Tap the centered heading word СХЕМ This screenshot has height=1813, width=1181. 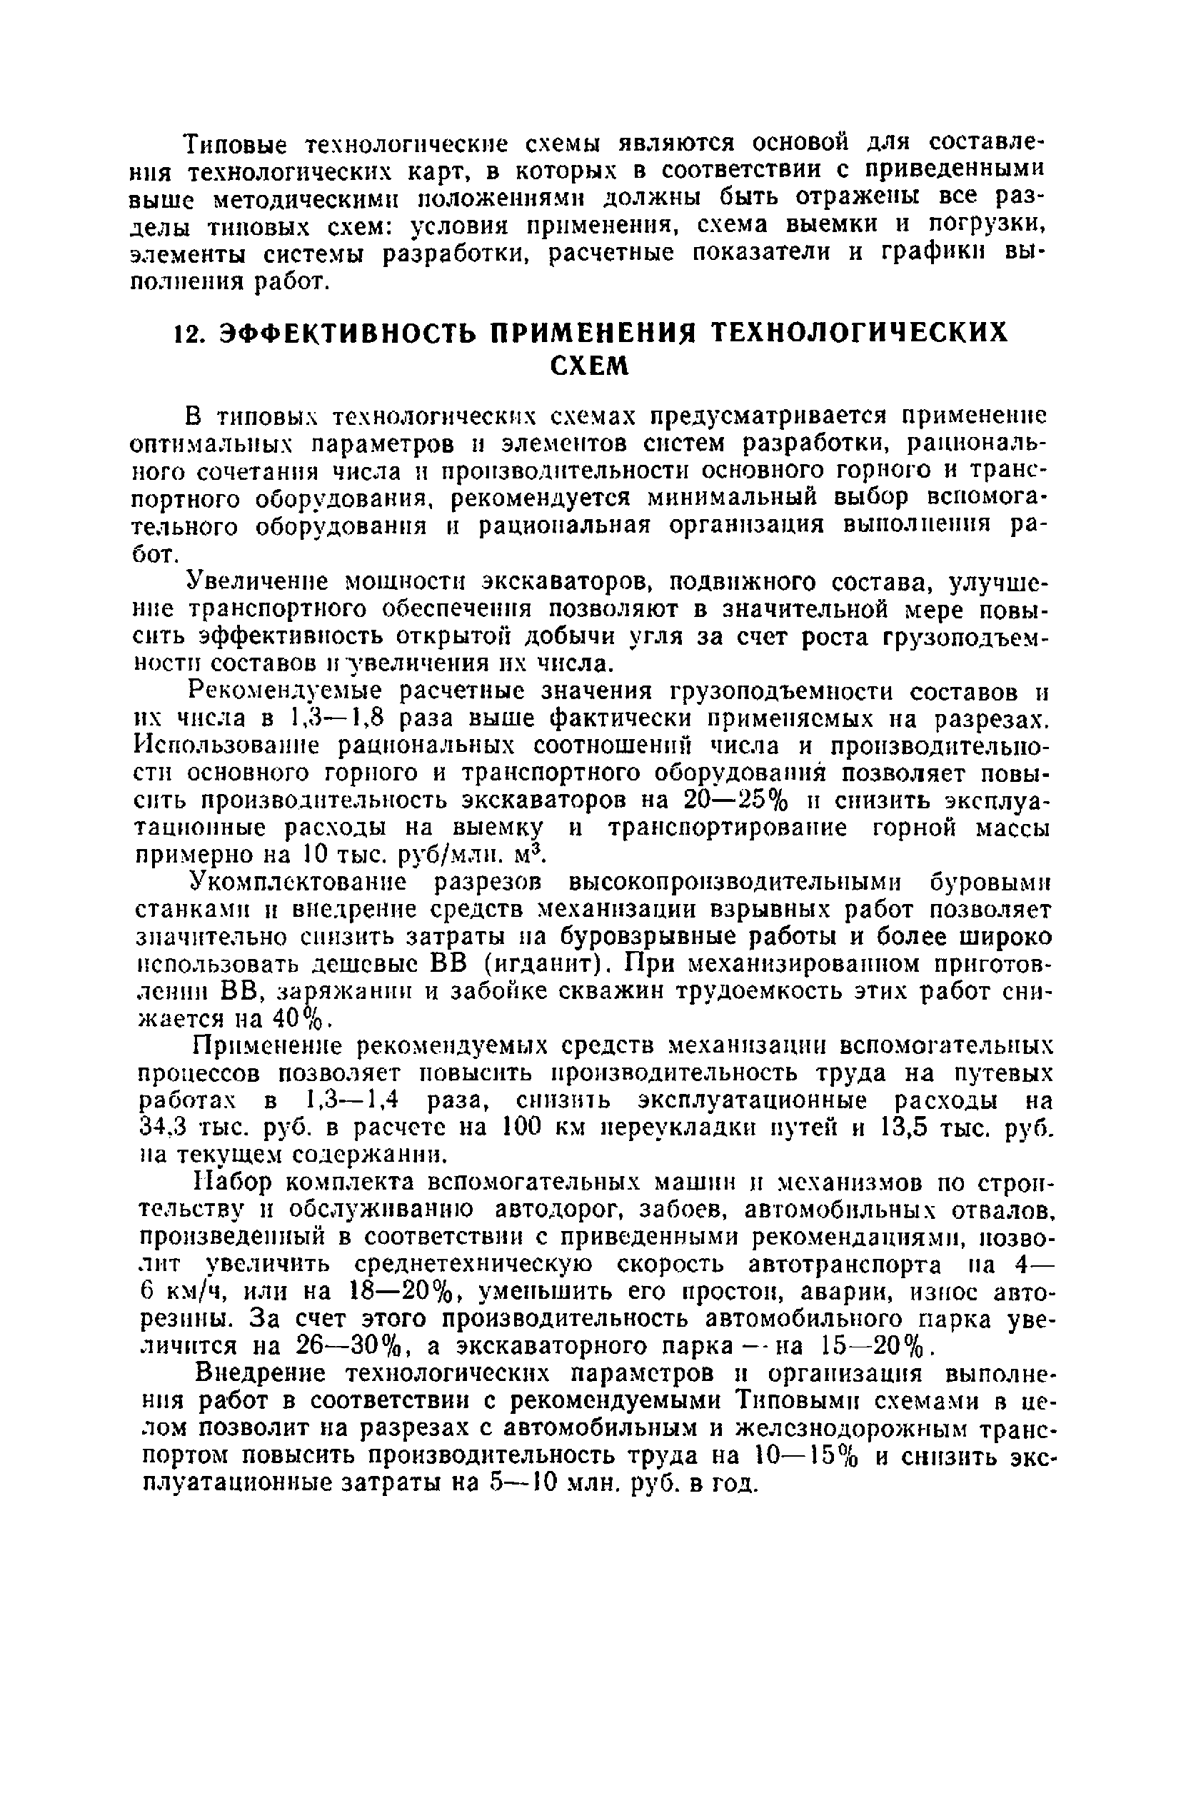[x=590, y=367]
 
